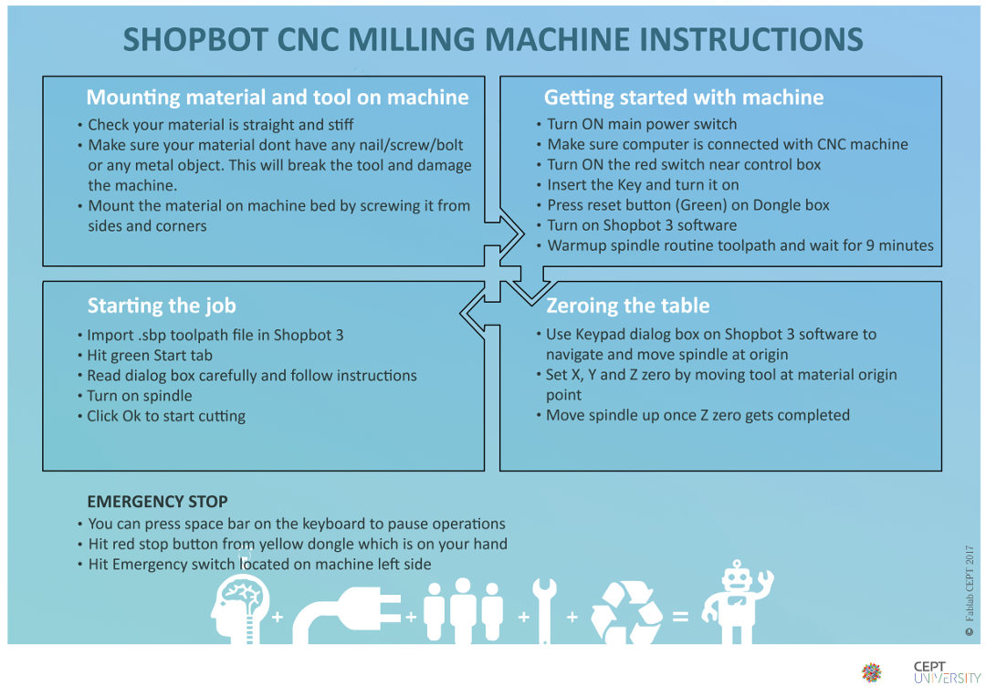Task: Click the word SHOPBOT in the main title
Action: [195, 39]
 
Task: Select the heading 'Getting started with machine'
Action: [684, 98]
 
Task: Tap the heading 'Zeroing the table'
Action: [627, 306]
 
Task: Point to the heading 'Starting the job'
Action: [162, 306]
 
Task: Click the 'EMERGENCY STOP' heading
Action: [157, 502]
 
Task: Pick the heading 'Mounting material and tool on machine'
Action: [278, 98]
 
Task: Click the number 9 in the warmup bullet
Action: [870, 245]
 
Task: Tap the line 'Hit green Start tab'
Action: [150, 356]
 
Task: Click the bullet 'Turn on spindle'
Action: [140, 396]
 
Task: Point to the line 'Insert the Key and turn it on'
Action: [643, 184]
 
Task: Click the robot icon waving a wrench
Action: [737, 602]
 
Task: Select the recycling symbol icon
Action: [626, 612]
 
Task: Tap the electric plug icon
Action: [347, 616]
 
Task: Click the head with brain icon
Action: [241, 609]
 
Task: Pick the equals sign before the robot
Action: [680, 617]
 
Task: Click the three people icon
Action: [463, 610]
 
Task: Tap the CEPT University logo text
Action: [947, 672]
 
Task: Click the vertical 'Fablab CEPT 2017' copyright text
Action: [969, 590]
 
